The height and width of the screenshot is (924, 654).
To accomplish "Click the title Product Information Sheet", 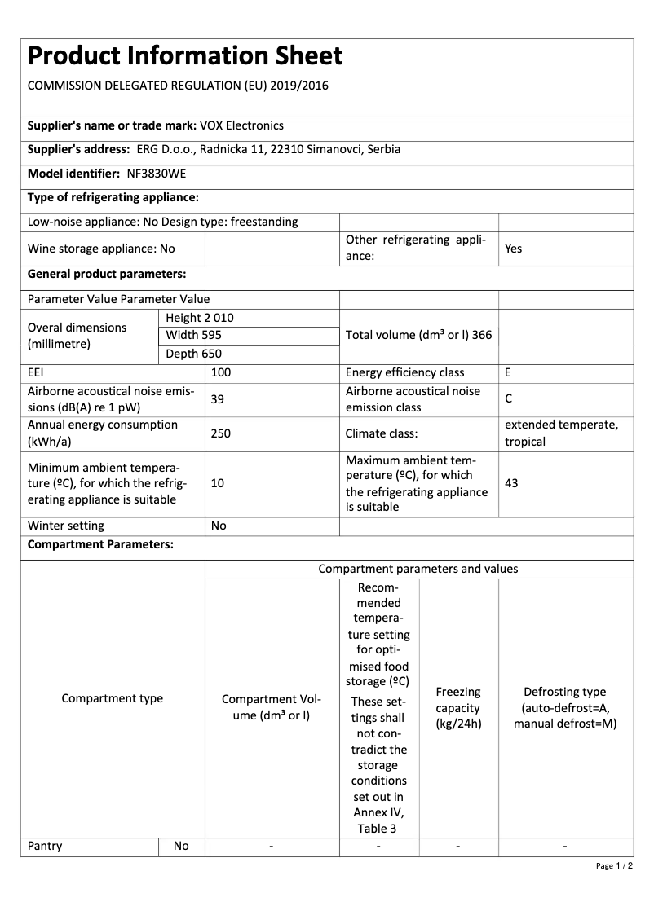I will coord(185,56).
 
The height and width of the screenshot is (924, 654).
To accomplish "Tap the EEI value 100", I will coord(221,372).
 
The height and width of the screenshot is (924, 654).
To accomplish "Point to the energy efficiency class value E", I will coord(508,372).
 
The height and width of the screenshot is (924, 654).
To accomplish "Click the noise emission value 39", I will coord(218,399).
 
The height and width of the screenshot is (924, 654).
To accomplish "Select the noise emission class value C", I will coord(508,399).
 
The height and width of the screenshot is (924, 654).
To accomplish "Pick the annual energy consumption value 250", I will coord(221,433).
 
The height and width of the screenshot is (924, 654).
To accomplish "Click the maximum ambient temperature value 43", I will coord(511,483).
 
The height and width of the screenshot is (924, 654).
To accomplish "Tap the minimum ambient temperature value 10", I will coord(218,483).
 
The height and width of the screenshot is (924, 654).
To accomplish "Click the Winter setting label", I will coord(66,526).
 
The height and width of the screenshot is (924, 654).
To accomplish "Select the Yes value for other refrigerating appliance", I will coord(513,249).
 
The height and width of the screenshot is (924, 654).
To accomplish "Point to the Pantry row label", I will coord(45,846).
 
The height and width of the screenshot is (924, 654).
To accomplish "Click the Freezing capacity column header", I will coord(458,708).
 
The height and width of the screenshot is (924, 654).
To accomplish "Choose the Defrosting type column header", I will coord(565,708).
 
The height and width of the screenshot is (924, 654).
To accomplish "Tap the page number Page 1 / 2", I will coord(614,865).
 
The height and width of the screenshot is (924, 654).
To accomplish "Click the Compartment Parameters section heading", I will coord(100,545).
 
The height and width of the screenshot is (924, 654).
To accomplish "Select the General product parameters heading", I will coord(107,274).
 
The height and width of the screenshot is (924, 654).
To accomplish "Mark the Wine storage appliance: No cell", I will coord(101,249).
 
